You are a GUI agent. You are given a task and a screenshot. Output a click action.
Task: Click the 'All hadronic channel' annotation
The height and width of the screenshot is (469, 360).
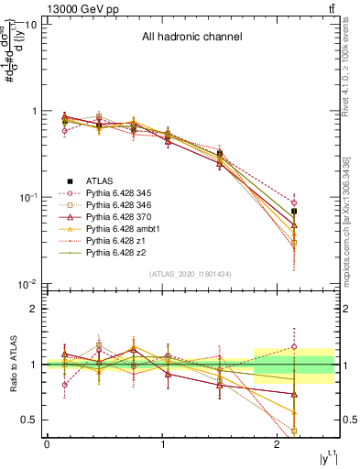[191, 38]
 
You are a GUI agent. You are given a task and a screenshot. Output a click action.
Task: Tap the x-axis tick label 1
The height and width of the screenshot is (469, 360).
[162, 444]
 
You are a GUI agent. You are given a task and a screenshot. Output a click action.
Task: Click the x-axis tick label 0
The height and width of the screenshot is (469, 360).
[47, 444]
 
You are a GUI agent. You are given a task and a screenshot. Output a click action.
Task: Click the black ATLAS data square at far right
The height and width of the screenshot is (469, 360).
[294, 212]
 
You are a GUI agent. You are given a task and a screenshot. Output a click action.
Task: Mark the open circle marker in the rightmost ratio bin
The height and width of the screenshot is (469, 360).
[294, 347]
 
